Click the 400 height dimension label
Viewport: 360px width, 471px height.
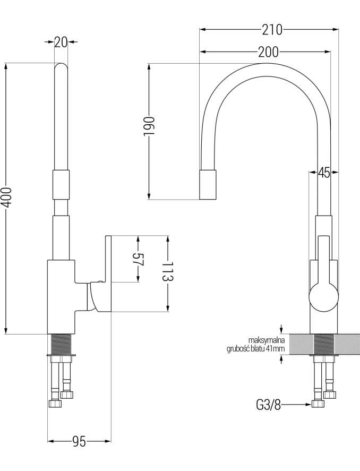(6, 197)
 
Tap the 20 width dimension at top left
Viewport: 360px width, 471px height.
(61, 42)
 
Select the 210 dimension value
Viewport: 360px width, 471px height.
(272, 29)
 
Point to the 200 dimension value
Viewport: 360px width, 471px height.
(269, 52)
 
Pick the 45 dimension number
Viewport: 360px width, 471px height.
(324, 173)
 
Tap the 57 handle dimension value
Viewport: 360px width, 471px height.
(139, 259)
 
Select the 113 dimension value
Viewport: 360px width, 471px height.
(168, 271)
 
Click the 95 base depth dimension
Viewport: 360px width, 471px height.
(79, 441)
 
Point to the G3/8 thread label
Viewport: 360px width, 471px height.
(269, 405)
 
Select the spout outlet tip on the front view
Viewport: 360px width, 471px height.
(208, 185)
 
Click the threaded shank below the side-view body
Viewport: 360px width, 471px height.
(62, 344)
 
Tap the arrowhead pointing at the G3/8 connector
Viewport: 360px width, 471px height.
(308, 405)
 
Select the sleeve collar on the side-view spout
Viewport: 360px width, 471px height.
(61, 185)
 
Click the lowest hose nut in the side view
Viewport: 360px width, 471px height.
(55, 404)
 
